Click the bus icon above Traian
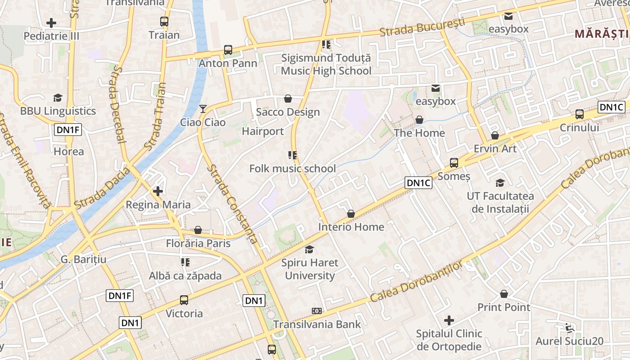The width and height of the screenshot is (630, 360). coord(164,21)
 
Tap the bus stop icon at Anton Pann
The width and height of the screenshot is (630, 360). coord(228,50)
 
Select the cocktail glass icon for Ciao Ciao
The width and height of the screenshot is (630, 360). coord(203,109)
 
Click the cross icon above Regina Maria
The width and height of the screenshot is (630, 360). coord(158,191)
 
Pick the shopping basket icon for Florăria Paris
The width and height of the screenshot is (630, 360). coord(198,230)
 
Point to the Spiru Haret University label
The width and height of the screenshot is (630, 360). coord(310,269)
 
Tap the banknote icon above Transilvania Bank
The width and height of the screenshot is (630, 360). coord(317,311)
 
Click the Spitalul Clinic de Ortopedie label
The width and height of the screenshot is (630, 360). coord(449,340)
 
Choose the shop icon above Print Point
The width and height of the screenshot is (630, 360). coord(504,294)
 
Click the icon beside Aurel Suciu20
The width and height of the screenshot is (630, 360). coord(570,328)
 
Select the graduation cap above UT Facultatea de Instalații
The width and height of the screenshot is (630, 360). coord(500,183)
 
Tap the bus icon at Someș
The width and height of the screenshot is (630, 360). coord(454,163)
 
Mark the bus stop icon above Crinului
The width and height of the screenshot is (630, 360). coord(580,114)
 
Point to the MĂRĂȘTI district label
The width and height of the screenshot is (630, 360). coord(602,34)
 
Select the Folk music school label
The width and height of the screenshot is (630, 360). coord(292,169)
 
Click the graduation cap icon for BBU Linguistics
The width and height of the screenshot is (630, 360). coord(58,98)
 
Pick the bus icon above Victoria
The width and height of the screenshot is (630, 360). coord(184,300)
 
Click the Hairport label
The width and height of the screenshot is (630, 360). coord(263,131)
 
